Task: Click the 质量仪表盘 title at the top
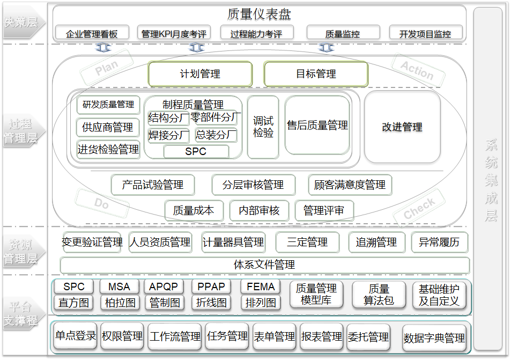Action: coord(259,14)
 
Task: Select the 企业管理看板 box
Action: coord(92,34)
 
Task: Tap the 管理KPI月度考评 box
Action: coord(174,34)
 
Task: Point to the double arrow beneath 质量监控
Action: coord(325,48)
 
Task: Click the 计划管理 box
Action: coord(200,74)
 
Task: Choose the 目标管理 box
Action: coord(316,74)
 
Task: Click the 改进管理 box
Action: coord(402,127)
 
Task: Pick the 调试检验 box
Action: coord(263,127)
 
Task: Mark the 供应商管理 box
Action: coord(108,128)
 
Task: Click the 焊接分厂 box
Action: coord(168,135)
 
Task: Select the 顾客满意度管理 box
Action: coord(350,185)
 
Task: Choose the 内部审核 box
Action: coord(259,211)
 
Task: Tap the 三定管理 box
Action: coord(307,243)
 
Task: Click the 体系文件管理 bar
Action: coord(264,265)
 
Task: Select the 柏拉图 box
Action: coord(120,303)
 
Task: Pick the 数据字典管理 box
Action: coord(434,339)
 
